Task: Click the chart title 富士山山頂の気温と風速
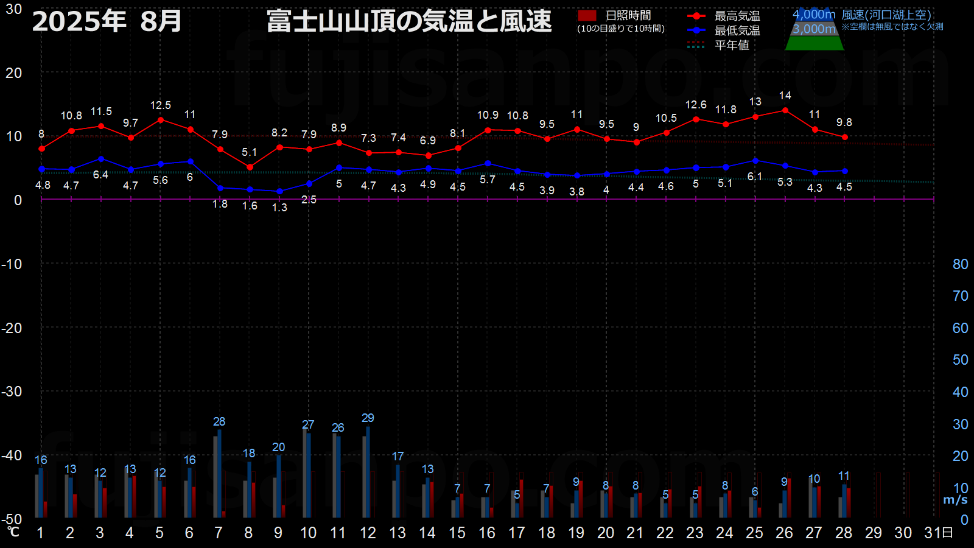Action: point(408,21)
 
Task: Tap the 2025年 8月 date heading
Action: point(107,21)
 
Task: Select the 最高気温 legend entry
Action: point(724,16)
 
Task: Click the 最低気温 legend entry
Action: point(724,30)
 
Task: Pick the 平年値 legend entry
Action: point(718,45)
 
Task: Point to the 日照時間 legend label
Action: point(628,16)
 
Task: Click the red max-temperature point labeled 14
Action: point(785,110)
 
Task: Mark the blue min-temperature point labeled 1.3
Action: point(279,191)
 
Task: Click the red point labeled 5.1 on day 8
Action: point(250,167)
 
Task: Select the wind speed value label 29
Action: point(368,418)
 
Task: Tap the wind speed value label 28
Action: point(219,421)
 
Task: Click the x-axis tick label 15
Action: point(457,533)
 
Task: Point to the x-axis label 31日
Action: point(938,533)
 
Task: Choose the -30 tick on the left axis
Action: point(12,392)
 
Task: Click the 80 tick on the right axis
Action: point(960,264)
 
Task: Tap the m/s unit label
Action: point(955,500)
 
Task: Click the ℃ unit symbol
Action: point(13,532)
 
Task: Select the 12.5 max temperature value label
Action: point(161,105)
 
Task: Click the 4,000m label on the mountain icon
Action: point(813,15)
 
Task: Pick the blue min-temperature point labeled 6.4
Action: point(101,159)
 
